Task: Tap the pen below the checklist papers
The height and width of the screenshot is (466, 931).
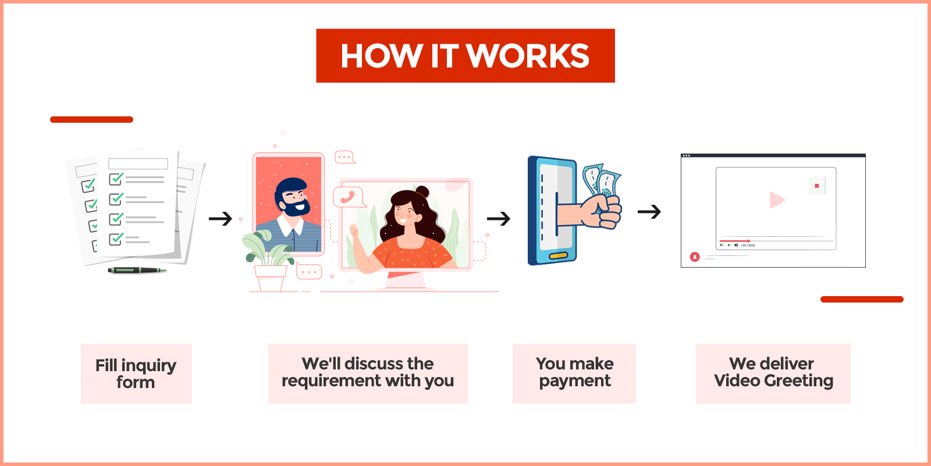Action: [137, 271]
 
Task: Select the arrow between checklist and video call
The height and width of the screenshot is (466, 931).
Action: [221, 219]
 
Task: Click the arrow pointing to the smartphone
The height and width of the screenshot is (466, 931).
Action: [498, 219]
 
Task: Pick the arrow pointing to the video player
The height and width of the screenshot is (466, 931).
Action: [649, 212]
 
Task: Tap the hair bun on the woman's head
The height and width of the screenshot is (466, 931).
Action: [422, 192]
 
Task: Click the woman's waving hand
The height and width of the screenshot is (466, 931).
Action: [354, 231]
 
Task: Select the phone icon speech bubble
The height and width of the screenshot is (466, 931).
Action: [349, 197]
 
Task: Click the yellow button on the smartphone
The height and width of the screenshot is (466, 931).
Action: [558, 255]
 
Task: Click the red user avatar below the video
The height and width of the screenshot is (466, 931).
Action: [695, 257]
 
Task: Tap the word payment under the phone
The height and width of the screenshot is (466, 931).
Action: [575, 382]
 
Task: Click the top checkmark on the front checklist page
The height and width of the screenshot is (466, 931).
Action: [116, 179]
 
